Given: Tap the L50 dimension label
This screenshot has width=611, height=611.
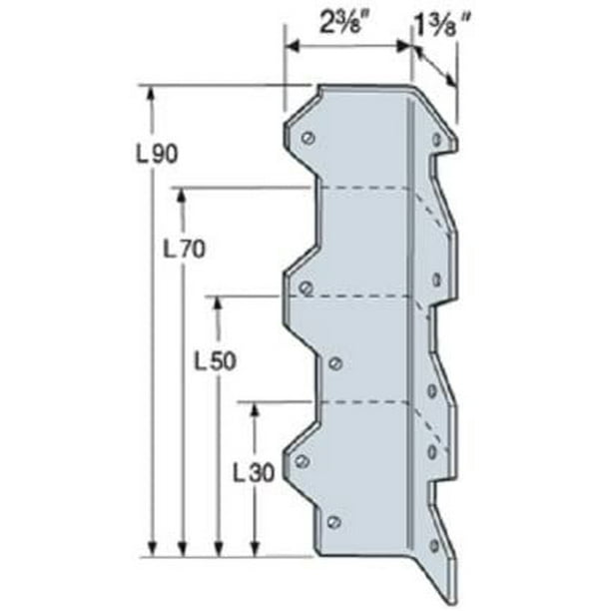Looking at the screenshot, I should coord(217,362).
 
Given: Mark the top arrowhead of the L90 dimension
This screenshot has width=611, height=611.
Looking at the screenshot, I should coord(151,93).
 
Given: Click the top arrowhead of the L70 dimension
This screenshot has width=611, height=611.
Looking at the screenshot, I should coord(182,195).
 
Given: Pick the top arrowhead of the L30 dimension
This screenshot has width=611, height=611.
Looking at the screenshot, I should coord(256,409).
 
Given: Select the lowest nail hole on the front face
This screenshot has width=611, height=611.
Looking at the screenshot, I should coord(333,521).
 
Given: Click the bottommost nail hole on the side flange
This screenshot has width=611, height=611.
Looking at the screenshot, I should coord(433,545).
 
